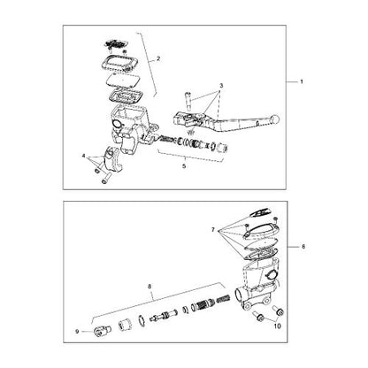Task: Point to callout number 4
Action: pos(86,156)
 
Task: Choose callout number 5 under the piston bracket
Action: pos(184,165)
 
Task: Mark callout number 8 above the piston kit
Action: pos(150,287)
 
